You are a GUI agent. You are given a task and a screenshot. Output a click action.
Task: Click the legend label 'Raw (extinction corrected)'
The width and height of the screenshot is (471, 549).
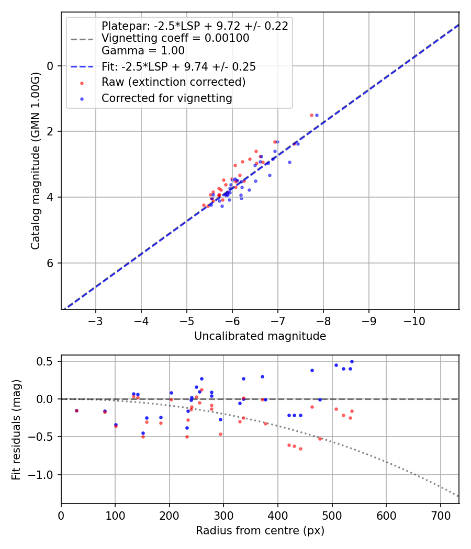click(173, 82)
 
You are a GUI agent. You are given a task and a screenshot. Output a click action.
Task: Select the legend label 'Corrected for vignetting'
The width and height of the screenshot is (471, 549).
click(166, 98)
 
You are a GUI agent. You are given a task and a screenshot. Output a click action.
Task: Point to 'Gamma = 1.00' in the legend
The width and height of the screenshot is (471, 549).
click(143, 51)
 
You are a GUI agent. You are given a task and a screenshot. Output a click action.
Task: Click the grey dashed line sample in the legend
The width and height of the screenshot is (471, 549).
click(82, 39)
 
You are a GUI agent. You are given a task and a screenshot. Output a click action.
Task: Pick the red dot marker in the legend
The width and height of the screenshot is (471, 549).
click(82, 83)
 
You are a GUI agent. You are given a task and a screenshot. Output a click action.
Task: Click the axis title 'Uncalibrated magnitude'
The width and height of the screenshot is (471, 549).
click(260, 336)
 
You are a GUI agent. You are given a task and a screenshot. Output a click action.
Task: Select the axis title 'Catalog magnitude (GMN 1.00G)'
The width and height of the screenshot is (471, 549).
click(35, 161)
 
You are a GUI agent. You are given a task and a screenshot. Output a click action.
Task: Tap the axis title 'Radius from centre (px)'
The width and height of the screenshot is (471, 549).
click(260, 531)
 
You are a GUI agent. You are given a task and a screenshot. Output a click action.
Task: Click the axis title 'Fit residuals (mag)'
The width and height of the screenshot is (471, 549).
click(16, 429)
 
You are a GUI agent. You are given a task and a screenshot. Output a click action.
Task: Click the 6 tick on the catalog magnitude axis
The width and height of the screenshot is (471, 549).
click(51, 263)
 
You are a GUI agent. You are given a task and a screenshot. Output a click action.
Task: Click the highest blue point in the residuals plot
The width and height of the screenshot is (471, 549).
click(352, 361)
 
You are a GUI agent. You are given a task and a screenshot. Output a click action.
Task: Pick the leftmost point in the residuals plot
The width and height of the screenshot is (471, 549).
click(76, 410)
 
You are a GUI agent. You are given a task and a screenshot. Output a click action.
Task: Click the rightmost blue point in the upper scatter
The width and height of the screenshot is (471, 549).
click(317, 115)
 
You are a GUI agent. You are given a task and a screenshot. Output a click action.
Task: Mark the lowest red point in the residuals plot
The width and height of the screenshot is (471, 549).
click(300, 449)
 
